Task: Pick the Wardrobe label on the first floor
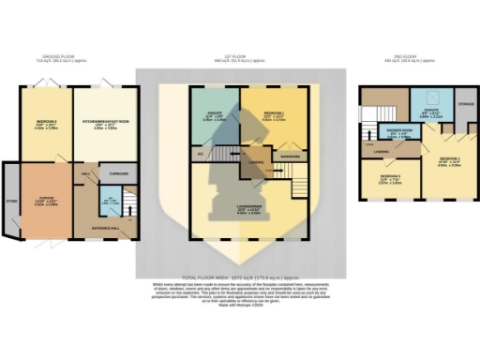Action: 291,156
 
